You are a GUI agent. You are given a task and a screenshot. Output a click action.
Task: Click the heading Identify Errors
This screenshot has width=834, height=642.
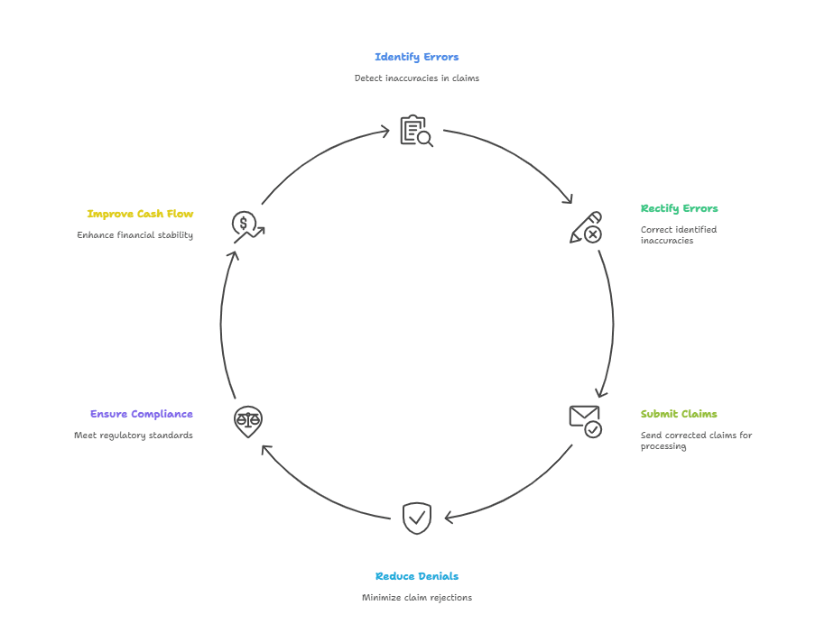tap(416, 57)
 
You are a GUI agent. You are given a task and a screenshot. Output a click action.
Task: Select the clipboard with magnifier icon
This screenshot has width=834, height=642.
tap(416, 131)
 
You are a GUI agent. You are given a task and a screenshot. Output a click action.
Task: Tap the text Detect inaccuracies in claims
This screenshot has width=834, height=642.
tap(416, 78)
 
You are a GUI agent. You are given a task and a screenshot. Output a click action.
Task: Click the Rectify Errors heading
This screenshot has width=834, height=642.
tap(679, 208)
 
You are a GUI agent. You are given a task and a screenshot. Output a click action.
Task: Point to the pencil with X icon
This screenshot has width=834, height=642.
tap(586, 227)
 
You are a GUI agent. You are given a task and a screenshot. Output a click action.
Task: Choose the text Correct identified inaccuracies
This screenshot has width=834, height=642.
tap(678, 234)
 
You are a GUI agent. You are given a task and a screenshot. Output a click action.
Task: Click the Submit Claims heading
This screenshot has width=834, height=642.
tap(679, 414)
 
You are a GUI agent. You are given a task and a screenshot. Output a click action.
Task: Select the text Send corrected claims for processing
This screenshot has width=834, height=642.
tap(696, 440)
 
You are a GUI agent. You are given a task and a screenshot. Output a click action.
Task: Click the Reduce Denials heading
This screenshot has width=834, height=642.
tap(416, 576)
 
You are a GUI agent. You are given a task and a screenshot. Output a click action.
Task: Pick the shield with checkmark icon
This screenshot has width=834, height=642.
tap(416, 518)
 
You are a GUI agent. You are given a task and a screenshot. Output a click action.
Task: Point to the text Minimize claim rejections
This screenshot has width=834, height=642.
tap(416, 598)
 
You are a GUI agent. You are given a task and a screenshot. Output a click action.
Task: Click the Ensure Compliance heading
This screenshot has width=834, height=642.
tap(141, 414)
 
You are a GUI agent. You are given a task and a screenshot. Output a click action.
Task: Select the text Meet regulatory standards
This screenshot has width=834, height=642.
tap(133, 436)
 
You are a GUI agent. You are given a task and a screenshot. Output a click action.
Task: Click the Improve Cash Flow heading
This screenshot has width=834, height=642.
tap(140, 214)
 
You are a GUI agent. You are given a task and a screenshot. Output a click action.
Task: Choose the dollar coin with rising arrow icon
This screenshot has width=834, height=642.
tap(247, 226)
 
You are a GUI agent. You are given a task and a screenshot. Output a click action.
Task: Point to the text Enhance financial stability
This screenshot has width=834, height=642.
tap(134, 235)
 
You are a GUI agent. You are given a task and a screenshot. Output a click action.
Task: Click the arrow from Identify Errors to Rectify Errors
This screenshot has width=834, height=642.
tap(524, 159)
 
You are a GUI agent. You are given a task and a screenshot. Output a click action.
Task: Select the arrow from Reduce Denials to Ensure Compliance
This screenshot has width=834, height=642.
tap(316, 494)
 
